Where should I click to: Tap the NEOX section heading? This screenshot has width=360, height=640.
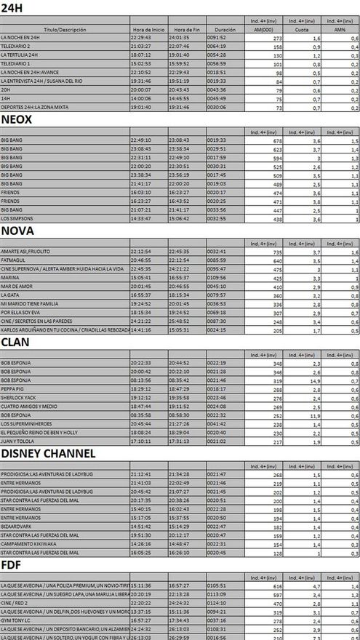point(17,119)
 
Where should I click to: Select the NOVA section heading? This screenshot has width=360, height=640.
point(17,231)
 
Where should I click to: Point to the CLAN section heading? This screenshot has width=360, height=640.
point(15,341)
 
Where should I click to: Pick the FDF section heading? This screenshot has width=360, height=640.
point(11,564)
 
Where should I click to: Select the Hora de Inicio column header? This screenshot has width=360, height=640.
point(148,31)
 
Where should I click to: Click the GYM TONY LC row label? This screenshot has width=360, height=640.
point(16,620)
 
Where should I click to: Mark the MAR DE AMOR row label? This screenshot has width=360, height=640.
point(16,286)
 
